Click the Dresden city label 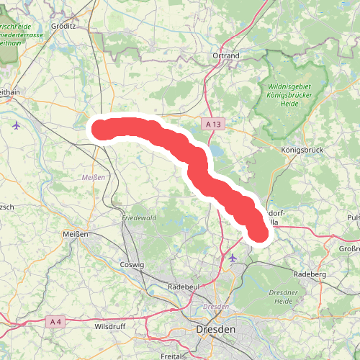(x=215, y=329)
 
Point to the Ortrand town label (x=225, y=55)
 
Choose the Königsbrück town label (x=300, y=150)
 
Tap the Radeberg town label (x=311, y=274)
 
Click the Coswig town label (x=133, y=265)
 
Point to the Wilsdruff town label (x=110, y=326)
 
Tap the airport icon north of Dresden (x=233, y=257)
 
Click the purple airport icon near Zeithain (x=17, y=125)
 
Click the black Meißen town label (x=76, y=235)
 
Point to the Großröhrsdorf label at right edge (x=348, y=248)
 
